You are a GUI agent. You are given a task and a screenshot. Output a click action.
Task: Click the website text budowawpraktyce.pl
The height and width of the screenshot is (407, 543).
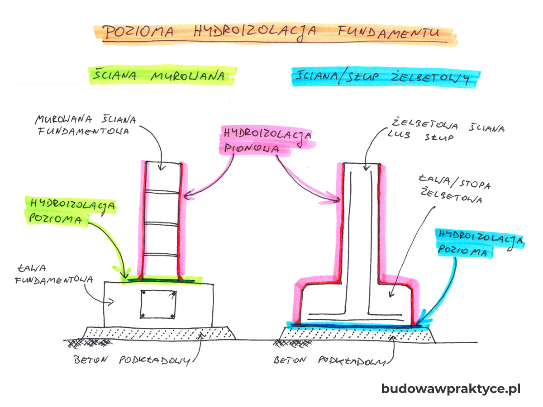(451, 389)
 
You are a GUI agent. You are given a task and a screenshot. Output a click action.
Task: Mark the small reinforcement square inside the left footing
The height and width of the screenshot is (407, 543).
(158, 304)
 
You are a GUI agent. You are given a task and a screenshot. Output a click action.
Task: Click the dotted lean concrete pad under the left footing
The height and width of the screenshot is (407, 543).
(158, 332)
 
